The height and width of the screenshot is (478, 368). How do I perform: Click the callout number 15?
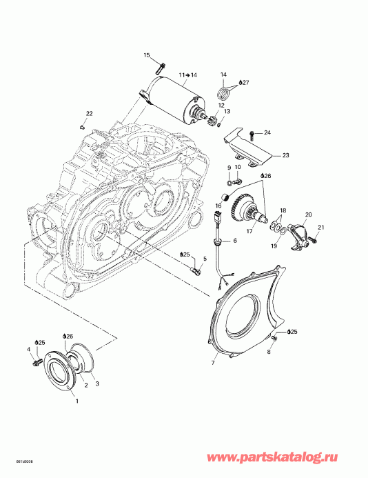coord(147,54)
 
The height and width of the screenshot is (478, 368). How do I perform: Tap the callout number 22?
coord(89,113)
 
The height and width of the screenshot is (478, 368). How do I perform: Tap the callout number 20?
coord(308,215)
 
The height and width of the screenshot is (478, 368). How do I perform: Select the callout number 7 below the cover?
coord(213,363)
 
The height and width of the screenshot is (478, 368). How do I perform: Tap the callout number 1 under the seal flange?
coord(76,401)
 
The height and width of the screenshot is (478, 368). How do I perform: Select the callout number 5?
coord(203,259)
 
